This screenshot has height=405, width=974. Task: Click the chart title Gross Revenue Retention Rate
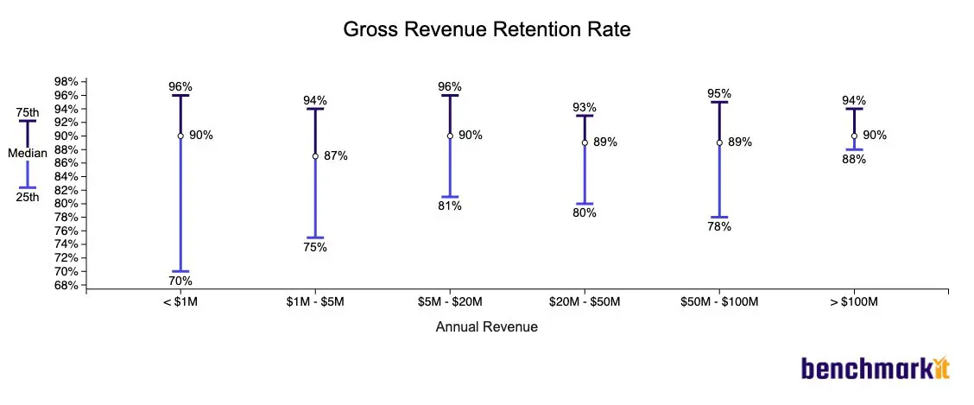[487, 29]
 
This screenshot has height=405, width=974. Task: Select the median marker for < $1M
[180, 136]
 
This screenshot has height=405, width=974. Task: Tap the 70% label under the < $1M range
[180, 281]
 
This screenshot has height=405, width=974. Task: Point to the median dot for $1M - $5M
[315, 156]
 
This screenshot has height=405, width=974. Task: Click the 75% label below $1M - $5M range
[315, 247]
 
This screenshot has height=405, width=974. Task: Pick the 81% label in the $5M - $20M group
[450, 206]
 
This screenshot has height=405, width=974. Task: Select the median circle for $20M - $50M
[585, 142]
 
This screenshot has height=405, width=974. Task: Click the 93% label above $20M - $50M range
[585, 107]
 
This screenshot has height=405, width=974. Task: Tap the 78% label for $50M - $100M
[719, 226]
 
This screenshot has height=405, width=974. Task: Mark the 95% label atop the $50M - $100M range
[719, 93]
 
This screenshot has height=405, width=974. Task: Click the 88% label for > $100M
[854, 159]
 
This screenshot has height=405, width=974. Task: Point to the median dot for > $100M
[854, 136]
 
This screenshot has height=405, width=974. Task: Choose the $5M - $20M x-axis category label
[450, 301]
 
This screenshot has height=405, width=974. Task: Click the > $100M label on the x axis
[854, 301]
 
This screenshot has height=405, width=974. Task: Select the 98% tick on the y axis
[66, 82]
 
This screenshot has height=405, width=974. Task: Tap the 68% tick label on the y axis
[66, 285]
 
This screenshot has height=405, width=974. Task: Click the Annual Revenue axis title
[487, 326]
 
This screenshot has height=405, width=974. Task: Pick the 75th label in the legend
[28, 112]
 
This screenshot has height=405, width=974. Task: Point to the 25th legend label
[28, 197]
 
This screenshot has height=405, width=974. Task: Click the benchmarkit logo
[875, 369]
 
